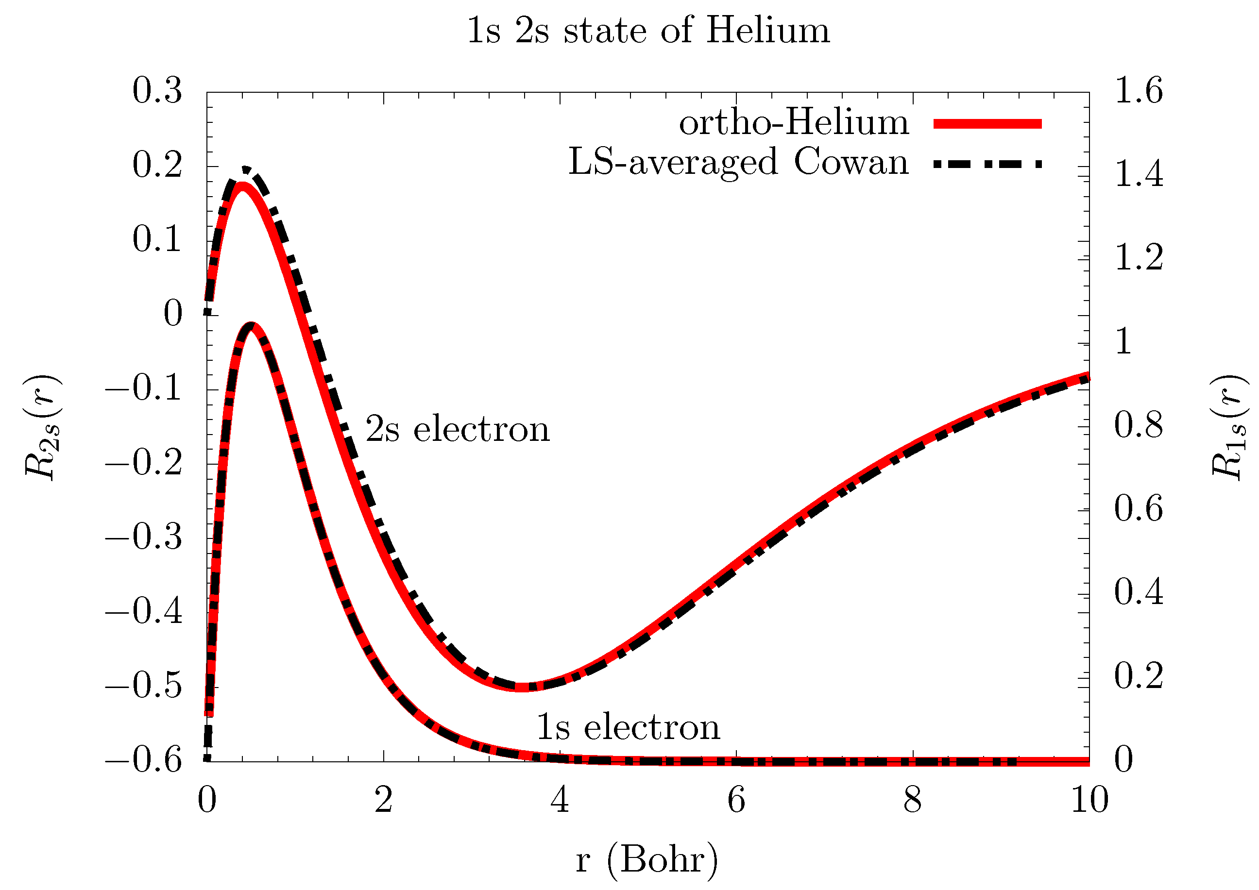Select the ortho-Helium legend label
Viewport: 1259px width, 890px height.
coord(794,123)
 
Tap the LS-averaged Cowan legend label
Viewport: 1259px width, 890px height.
coord(738,163)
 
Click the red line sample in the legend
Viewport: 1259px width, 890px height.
coord(987,124)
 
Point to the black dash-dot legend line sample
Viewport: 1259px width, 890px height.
coord(987,163)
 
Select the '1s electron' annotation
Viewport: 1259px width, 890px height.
coord(628,728)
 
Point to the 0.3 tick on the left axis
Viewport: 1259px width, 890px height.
coord(157,91)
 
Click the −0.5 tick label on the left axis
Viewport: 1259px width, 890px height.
coord(144,686)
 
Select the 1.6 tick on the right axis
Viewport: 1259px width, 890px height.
coord(1139,91)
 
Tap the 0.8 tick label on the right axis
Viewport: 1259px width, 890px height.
coord(1139,426)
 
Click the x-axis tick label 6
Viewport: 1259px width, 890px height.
coord(736,801)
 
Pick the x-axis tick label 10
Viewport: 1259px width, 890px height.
coord(1089,801)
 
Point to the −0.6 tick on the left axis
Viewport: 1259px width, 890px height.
coord(144,761)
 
